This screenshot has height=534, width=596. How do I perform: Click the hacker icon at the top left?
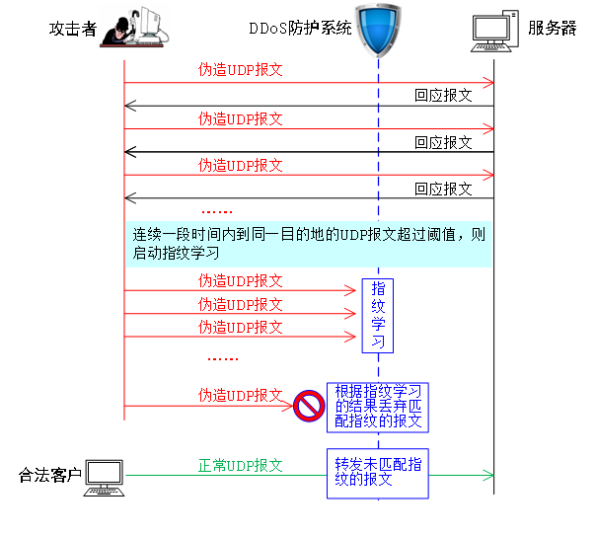coord(133,27)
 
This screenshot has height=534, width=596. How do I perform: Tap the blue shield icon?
coord(378,30)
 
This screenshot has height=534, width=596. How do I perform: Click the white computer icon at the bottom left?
coord(104,478)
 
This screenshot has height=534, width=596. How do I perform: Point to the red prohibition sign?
coord(309,405)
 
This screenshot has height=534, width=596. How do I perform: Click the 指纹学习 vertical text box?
coord(377,315)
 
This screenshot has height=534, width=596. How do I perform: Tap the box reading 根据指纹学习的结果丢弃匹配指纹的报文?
coord(378,407)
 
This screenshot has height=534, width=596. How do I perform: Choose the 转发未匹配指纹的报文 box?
coord(378,473)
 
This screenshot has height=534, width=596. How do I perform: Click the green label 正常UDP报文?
coord(240,465)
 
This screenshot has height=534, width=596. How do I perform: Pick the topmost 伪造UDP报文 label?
coord(240,70)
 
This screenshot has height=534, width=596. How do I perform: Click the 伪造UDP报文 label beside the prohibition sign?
coord(240,395)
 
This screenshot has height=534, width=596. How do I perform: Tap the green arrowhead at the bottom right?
coord(487,476)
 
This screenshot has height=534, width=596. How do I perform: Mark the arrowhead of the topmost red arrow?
coord(487,83)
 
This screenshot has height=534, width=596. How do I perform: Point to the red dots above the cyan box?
coord(217,211)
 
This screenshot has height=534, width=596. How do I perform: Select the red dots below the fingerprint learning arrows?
coord(223,359)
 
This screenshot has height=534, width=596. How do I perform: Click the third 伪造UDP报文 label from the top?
coord(240,165)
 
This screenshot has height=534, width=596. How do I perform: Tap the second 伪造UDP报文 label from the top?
coord(240,118)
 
